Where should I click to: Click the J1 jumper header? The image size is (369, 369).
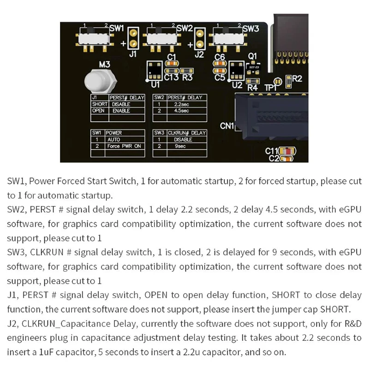133,38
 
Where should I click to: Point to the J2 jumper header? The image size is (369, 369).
200,38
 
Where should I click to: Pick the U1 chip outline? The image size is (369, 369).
155,70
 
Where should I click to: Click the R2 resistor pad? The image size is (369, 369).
288,79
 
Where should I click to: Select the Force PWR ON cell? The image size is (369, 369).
125,146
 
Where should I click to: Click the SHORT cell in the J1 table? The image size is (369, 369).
99,104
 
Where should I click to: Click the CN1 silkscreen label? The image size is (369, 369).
227,125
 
